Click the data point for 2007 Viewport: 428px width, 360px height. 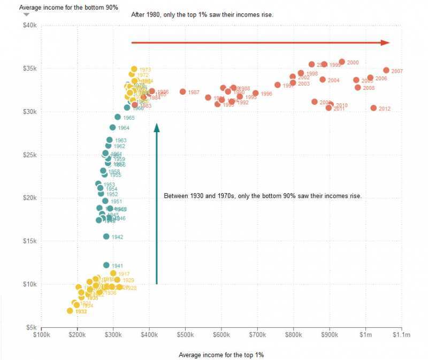[x=386, y=70]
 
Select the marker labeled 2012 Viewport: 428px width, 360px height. [x=373, y=108]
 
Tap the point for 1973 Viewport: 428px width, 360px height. [x=134, y=69]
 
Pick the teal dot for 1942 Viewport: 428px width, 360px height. [x=106, y=236]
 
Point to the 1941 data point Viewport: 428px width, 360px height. [x=106, y=265]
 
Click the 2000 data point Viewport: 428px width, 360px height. [x=342, y=62]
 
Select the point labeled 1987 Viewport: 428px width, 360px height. [x=182, y=92]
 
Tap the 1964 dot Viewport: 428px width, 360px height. [x=112, y=127]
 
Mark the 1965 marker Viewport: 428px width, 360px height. [x=118, y=117]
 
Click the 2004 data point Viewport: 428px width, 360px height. [x=323, y=80]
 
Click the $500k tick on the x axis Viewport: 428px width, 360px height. [x=186, y=335]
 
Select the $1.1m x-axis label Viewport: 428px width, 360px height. [x=401, y=335]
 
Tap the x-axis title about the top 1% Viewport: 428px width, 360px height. [x=221, y=355]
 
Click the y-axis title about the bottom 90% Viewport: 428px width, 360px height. [x=68, y=7]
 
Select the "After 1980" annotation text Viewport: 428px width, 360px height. [x=202, y=14]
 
